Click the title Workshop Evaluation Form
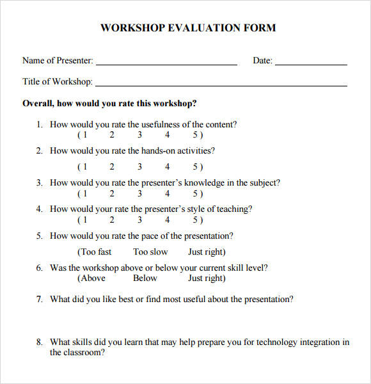click(188, 28)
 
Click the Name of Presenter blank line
click(166, 64)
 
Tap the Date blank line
click(311, 64)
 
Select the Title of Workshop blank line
click(221, 85)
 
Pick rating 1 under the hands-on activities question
click(84, 167)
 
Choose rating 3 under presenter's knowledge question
click(139, 193)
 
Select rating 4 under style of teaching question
click(168, 220)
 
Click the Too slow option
click(150, 252)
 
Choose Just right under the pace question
click(206, 252)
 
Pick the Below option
click(145, 278)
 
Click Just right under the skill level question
click(206, 278)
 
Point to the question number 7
click(39, 299)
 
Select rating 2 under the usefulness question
click(112, 135)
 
